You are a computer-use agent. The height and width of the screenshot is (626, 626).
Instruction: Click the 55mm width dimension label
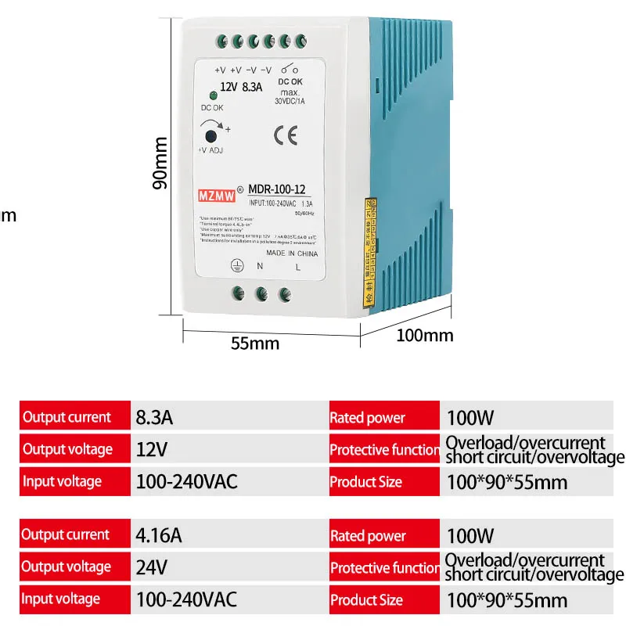coord(255,342)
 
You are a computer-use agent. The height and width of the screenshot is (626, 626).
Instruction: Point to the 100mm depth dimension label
coord(425,336)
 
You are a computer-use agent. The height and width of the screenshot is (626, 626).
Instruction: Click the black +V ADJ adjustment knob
coord(210,135)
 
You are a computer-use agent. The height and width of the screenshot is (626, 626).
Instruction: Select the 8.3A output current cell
coord(153,417)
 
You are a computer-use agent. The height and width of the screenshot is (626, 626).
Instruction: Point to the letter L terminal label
coord(297,267)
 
